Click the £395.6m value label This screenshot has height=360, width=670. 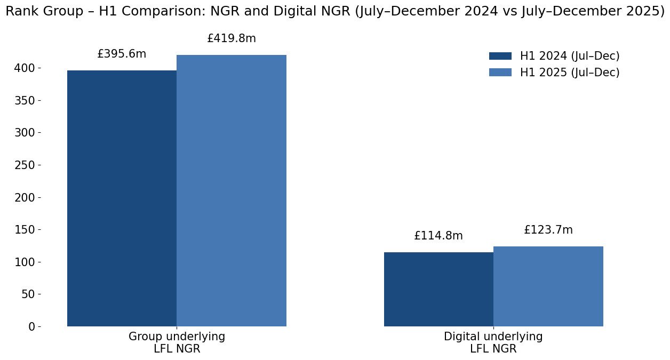122,54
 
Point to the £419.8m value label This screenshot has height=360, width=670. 232,39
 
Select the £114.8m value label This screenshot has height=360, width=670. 438,236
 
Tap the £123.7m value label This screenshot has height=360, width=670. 548,230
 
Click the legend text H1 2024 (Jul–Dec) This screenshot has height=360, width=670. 570,57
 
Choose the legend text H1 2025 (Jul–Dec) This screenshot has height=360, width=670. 570,73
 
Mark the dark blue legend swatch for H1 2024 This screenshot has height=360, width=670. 500,56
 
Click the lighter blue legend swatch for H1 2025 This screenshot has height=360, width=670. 500,73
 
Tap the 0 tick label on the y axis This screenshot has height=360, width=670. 31,327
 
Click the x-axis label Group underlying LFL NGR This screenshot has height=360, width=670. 177,343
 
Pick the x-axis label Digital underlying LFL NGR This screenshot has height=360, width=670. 493,343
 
